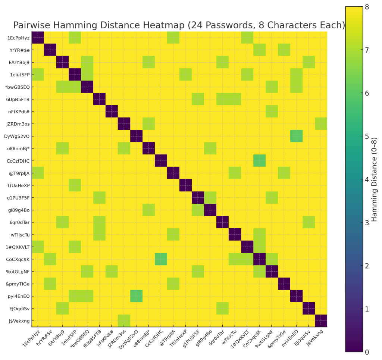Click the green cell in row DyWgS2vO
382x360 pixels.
[296, 136]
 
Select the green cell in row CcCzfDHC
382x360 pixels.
[259, 161]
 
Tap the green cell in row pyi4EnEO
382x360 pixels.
[136, 296]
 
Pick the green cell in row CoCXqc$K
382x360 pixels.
[161, 259]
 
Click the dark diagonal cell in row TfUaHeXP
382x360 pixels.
[185, 185]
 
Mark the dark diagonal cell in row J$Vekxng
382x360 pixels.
[321, 321]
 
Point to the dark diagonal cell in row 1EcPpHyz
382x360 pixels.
[38, 38]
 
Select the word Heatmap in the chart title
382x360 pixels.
[158, 25]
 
